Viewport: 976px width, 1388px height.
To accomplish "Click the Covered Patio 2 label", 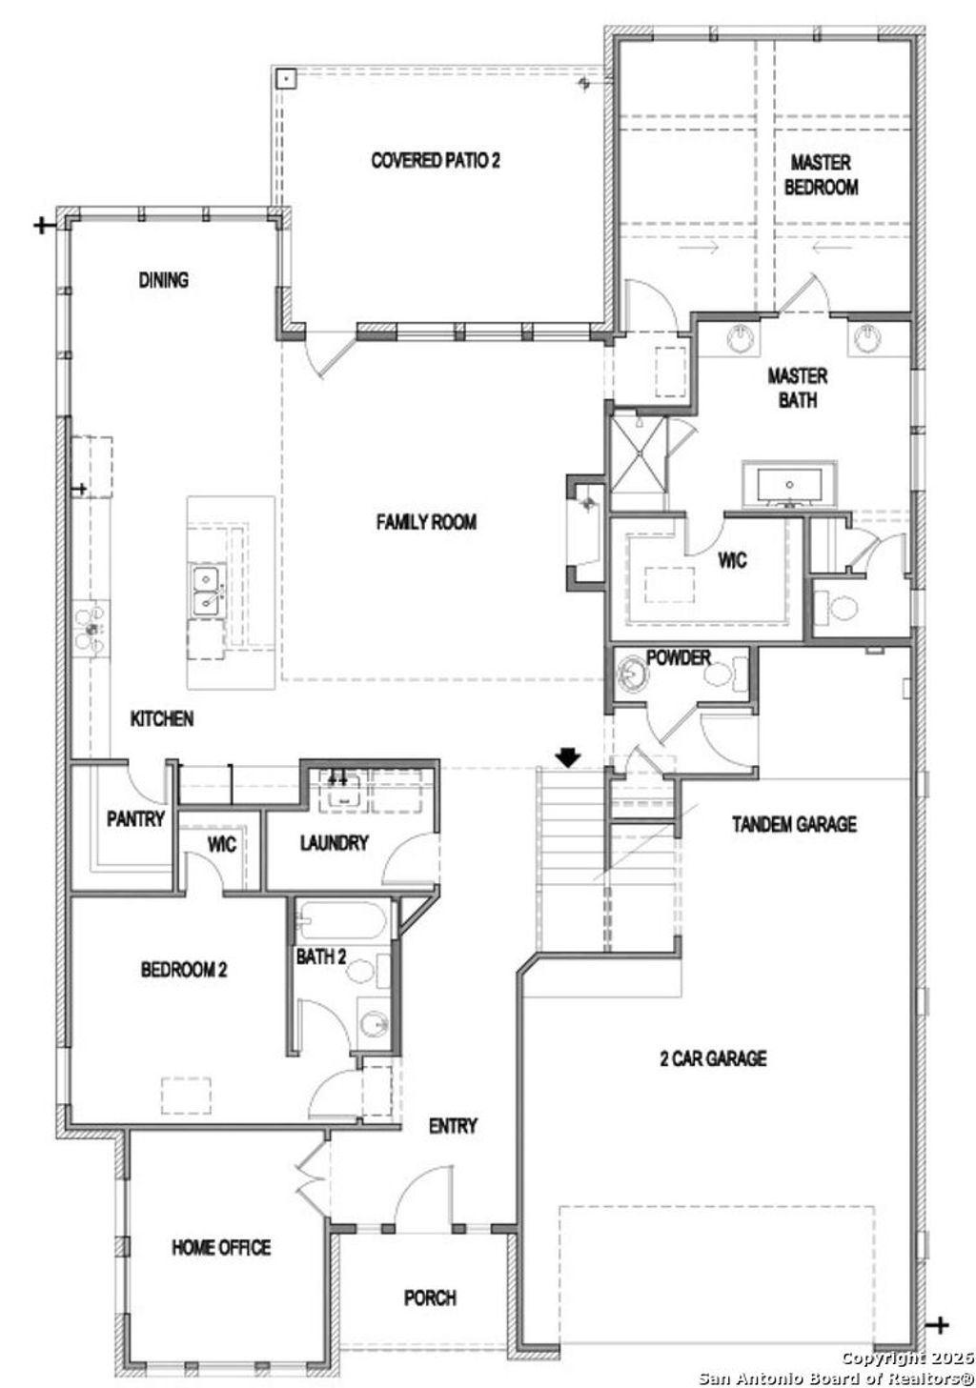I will click(435, 160).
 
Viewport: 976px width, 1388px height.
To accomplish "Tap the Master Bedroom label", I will click(821, 175).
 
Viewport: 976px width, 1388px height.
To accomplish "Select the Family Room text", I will click(426, 522).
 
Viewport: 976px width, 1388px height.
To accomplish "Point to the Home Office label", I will click(221, 1247).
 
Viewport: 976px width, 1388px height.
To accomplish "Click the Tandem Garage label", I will click(794, 824).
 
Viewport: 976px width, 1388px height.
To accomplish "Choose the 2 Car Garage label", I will click(713, 1057).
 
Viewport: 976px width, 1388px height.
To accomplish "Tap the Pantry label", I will click(135, 818).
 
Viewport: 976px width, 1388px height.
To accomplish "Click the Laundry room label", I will click(334, 843).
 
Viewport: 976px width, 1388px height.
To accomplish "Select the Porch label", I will click(430, 1297).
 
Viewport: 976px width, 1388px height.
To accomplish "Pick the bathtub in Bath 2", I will click(340, 921).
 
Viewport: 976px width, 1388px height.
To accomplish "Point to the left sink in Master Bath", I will click(742, 338).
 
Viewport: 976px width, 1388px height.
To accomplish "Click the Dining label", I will click(164, 280).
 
